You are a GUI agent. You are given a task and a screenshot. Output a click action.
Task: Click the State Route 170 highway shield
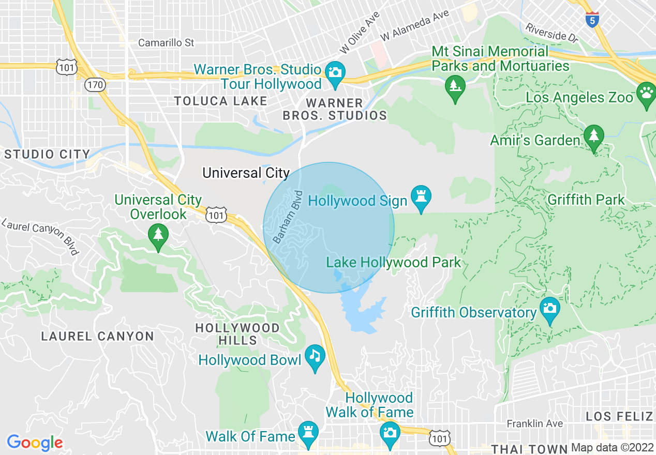pos(96,84)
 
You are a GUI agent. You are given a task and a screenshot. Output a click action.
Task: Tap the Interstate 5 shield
pos(592,19)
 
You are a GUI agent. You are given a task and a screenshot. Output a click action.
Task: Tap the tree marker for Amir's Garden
pos(593,136)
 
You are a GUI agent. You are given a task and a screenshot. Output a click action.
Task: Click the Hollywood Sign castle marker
pos(421,197)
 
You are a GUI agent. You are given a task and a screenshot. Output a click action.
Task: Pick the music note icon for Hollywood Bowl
pos(315,356)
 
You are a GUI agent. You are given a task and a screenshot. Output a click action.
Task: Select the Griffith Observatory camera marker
pos(549,308)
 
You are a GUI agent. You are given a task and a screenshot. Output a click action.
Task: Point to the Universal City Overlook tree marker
pos(158,235)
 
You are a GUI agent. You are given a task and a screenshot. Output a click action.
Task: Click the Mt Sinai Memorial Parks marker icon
pos(455,86)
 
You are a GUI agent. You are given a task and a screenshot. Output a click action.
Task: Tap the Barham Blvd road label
pos(287,217)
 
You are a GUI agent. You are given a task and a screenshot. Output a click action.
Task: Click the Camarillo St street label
pos(166,42)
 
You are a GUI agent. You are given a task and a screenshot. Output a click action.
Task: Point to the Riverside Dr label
pos(551,32)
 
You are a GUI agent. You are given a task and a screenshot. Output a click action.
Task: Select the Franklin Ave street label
pos(534,423)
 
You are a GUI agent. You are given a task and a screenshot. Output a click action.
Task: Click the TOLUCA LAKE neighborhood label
pos(220,101)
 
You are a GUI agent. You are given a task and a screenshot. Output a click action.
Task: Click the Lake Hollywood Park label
pos(393,262)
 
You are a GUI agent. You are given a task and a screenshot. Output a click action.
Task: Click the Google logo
pos(35,443)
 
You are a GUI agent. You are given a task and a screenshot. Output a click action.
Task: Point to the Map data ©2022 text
pos(612,448)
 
